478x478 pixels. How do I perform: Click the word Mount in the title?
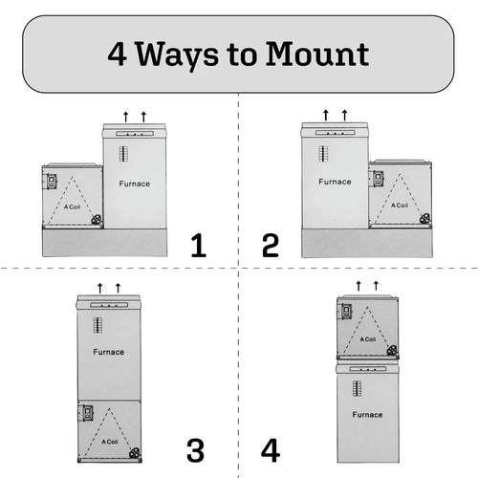[318, 53]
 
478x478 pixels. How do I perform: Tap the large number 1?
[198, 246]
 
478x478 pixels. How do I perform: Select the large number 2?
[271, 246]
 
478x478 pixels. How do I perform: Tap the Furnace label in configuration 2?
[335, 181]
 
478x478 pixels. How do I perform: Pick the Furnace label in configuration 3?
[109, 352]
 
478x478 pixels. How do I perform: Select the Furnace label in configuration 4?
[367, 415]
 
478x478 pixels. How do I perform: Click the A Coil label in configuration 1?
[72, 206]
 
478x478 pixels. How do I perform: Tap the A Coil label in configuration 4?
[367, 338]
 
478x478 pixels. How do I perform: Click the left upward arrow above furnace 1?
[125, 116]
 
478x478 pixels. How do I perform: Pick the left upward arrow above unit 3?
[99, 287]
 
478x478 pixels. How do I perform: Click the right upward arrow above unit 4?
[376, 285]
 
